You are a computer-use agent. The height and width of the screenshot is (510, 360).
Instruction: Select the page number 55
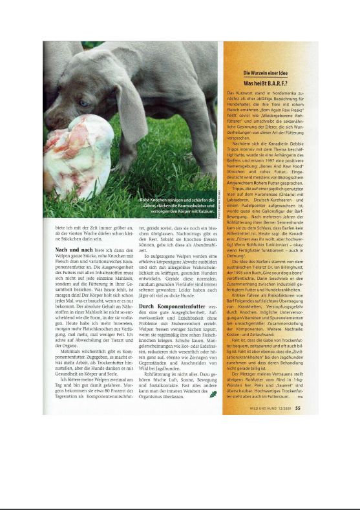(x=298, y=408)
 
